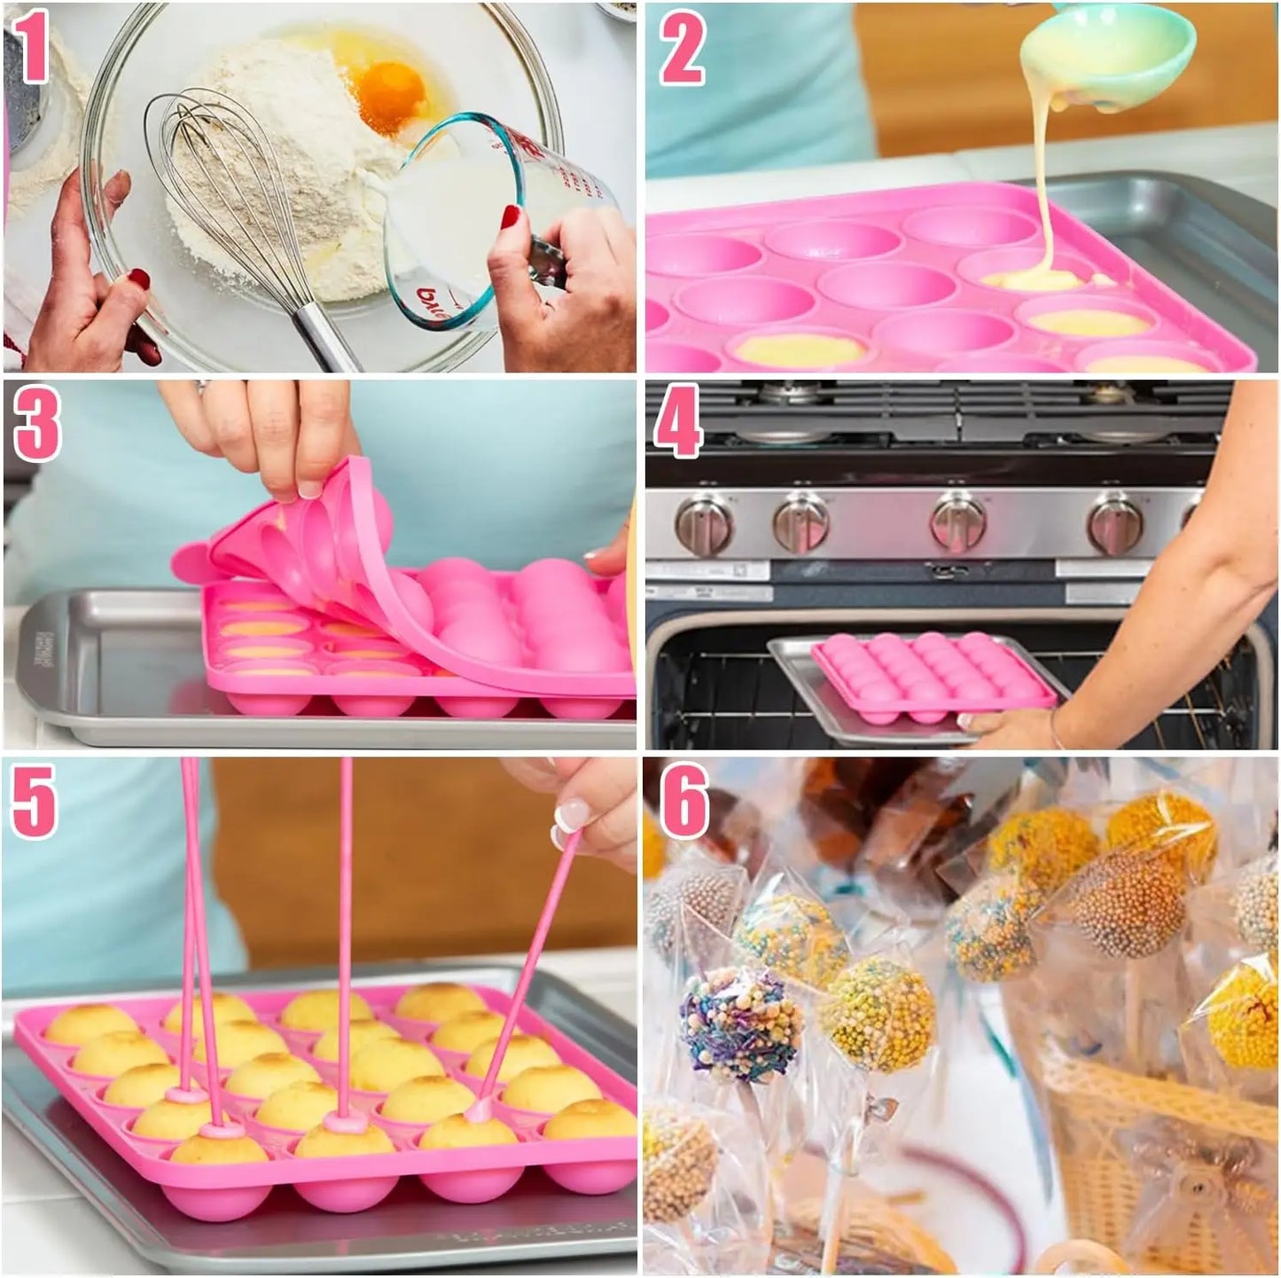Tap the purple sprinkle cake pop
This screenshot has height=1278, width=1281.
pos(740,1024)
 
